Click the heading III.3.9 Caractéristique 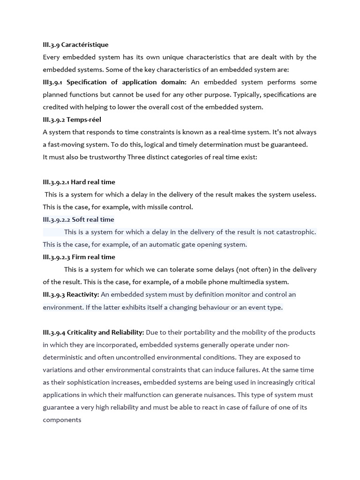[x=75, y=45]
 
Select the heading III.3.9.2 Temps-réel [x=72, y=120]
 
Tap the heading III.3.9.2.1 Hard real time [x=79, y=182]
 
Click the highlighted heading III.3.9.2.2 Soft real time [x=78, y=219]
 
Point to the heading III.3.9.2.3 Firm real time [x=79, y=257]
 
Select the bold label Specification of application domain [x=127, y=82]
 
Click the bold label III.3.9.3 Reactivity [x=71, y=294]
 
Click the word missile [x=159, y=207]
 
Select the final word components [x=62, y=420]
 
